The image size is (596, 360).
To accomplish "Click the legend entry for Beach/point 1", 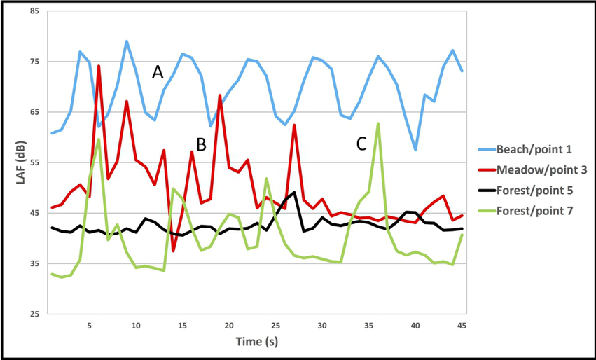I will [x=534, y=149].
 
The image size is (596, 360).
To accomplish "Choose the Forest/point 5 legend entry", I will [x=534, y=190].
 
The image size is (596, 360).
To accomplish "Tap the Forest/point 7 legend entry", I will [x=534, y=210].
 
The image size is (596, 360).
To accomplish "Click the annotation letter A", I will [x=158, y=71].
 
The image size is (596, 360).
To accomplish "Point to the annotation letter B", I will [x=201, y=145].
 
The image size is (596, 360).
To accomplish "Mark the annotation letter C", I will [x=361, y=144].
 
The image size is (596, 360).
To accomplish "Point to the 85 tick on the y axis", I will [x=34, y=12].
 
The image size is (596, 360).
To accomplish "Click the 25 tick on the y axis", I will [x=34, y=314].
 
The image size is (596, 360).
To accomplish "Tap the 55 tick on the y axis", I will [x=34, y=162].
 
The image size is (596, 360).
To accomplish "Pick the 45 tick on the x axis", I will [x=462, y=326].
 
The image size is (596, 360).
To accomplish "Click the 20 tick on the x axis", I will [x=229, y=326].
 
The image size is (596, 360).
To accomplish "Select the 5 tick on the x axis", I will [x=89, y=326].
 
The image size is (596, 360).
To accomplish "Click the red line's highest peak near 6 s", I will [x=99, y=67].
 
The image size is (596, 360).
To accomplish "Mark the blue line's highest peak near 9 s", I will [x=126, y=41].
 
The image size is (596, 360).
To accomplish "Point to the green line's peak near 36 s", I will [x=378, y=124].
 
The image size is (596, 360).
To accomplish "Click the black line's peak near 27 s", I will [x=294, y=192].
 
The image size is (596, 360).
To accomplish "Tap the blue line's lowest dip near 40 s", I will [x=415, y=150].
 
